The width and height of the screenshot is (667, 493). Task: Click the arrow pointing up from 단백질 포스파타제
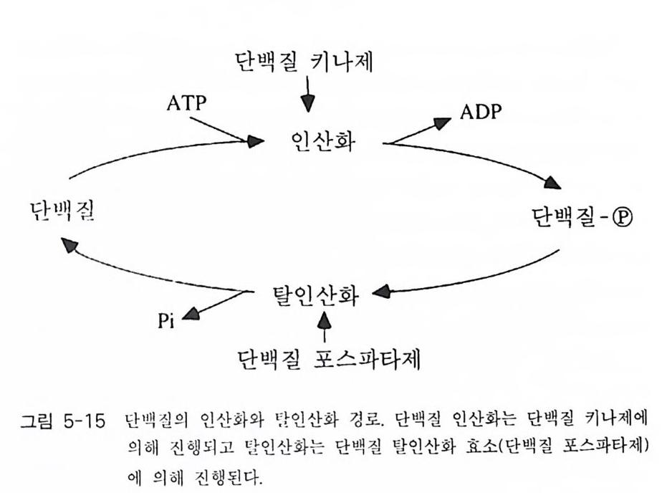pyautogui.click(x=326, y=323)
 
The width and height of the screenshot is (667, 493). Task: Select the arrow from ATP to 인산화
pyautogui.click(x=229, y=130)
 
